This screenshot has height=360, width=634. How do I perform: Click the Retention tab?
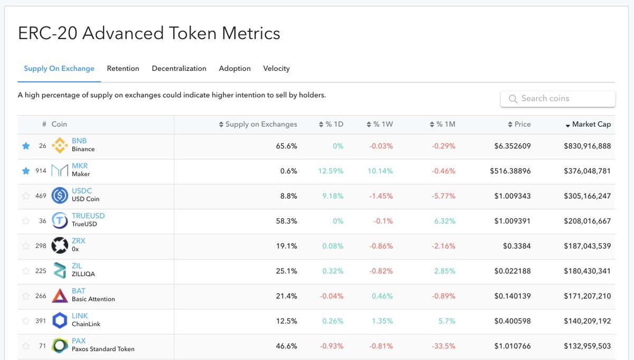click(x=123, y=69)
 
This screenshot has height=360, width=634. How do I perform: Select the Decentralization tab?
click(x=179, y=69)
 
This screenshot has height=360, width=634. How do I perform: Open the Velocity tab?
click(x=276, y=69)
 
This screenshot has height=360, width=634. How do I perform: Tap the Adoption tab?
click(x=235, y=69)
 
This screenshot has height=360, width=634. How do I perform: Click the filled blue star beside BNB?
click(x=26, y=146)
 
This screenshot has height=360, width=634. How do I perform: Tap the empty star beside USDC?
click(x=26, y=196)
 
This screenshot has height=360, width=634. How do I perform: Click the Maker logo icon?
click(x=60, y=171)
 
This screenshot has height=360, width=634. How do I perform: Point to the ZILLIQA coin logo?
click(x=60, y=271)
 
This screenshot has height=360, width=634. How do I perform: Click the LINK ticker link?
click(x=80, y=316)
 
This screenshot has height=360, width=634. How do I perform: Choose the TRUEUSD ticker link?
click(x=88, y=216)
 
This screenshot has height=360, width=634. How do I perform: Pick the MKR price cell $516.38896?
click(x=510, y=171)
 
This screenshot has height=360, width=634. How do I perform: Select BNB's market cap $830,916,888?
click(x=587, y=146)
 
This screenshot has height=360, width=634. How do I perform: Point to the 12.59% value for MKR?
click(x=331, y=171)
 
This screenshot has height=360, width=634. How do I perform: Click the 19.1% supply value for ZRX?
click(x=286, y=246)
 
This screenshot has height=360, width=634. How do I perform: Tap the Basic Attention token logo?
click(x=60, y=296)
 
